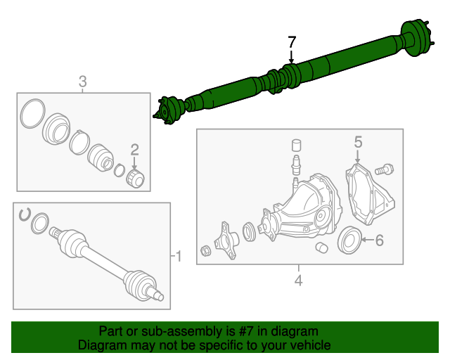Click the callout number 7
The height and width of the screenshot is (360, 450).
(292, 42)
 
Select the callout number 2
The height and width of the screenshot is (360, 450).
(134, 148)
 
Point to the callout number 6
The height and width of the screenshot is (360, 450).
(379, 241)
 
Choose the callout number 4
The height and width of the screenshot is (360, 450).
(298, 281)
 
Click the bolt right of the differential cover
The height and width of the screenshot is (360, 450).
(385, 169)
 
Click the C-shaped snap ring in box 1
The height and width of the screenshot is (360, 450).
(25, 214)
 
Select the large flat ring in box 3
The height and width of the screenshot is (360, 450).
(31, 114)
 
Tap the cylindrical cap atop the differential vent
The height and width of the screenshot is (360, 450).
(297, 146)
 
